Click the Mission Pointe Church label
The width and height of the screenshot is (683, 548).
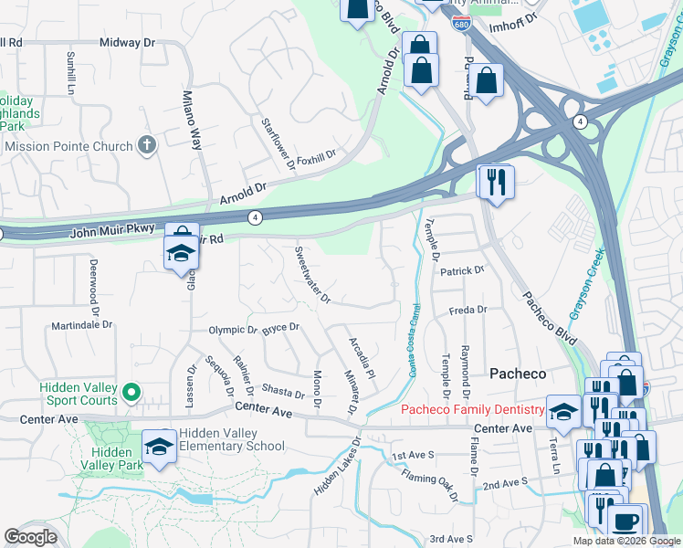point(68,146)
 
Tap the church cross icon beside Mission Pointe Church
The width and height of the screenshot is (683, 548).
point(146,145)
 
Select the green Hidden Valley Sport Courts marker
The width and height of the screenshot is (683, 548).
point(131,394)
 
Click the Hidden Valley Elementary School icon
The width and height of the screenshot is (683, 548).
point(160,447)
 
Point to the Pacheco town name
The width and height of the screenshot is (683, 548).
point(518,374)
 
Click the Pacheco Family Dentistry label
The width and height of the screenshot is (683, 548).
point(472,410)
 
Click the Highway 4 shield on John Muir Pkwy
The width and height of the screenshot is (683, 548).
point(256,216)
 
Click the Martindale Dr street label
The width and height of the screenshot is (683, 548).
point(81,324)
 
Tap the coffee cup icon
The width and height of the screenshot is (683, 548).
point(625,522)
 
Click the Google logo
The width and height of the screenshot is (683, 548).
point(31,537)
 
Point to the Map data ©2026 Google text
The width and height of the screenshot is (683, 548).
point(626,541)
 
